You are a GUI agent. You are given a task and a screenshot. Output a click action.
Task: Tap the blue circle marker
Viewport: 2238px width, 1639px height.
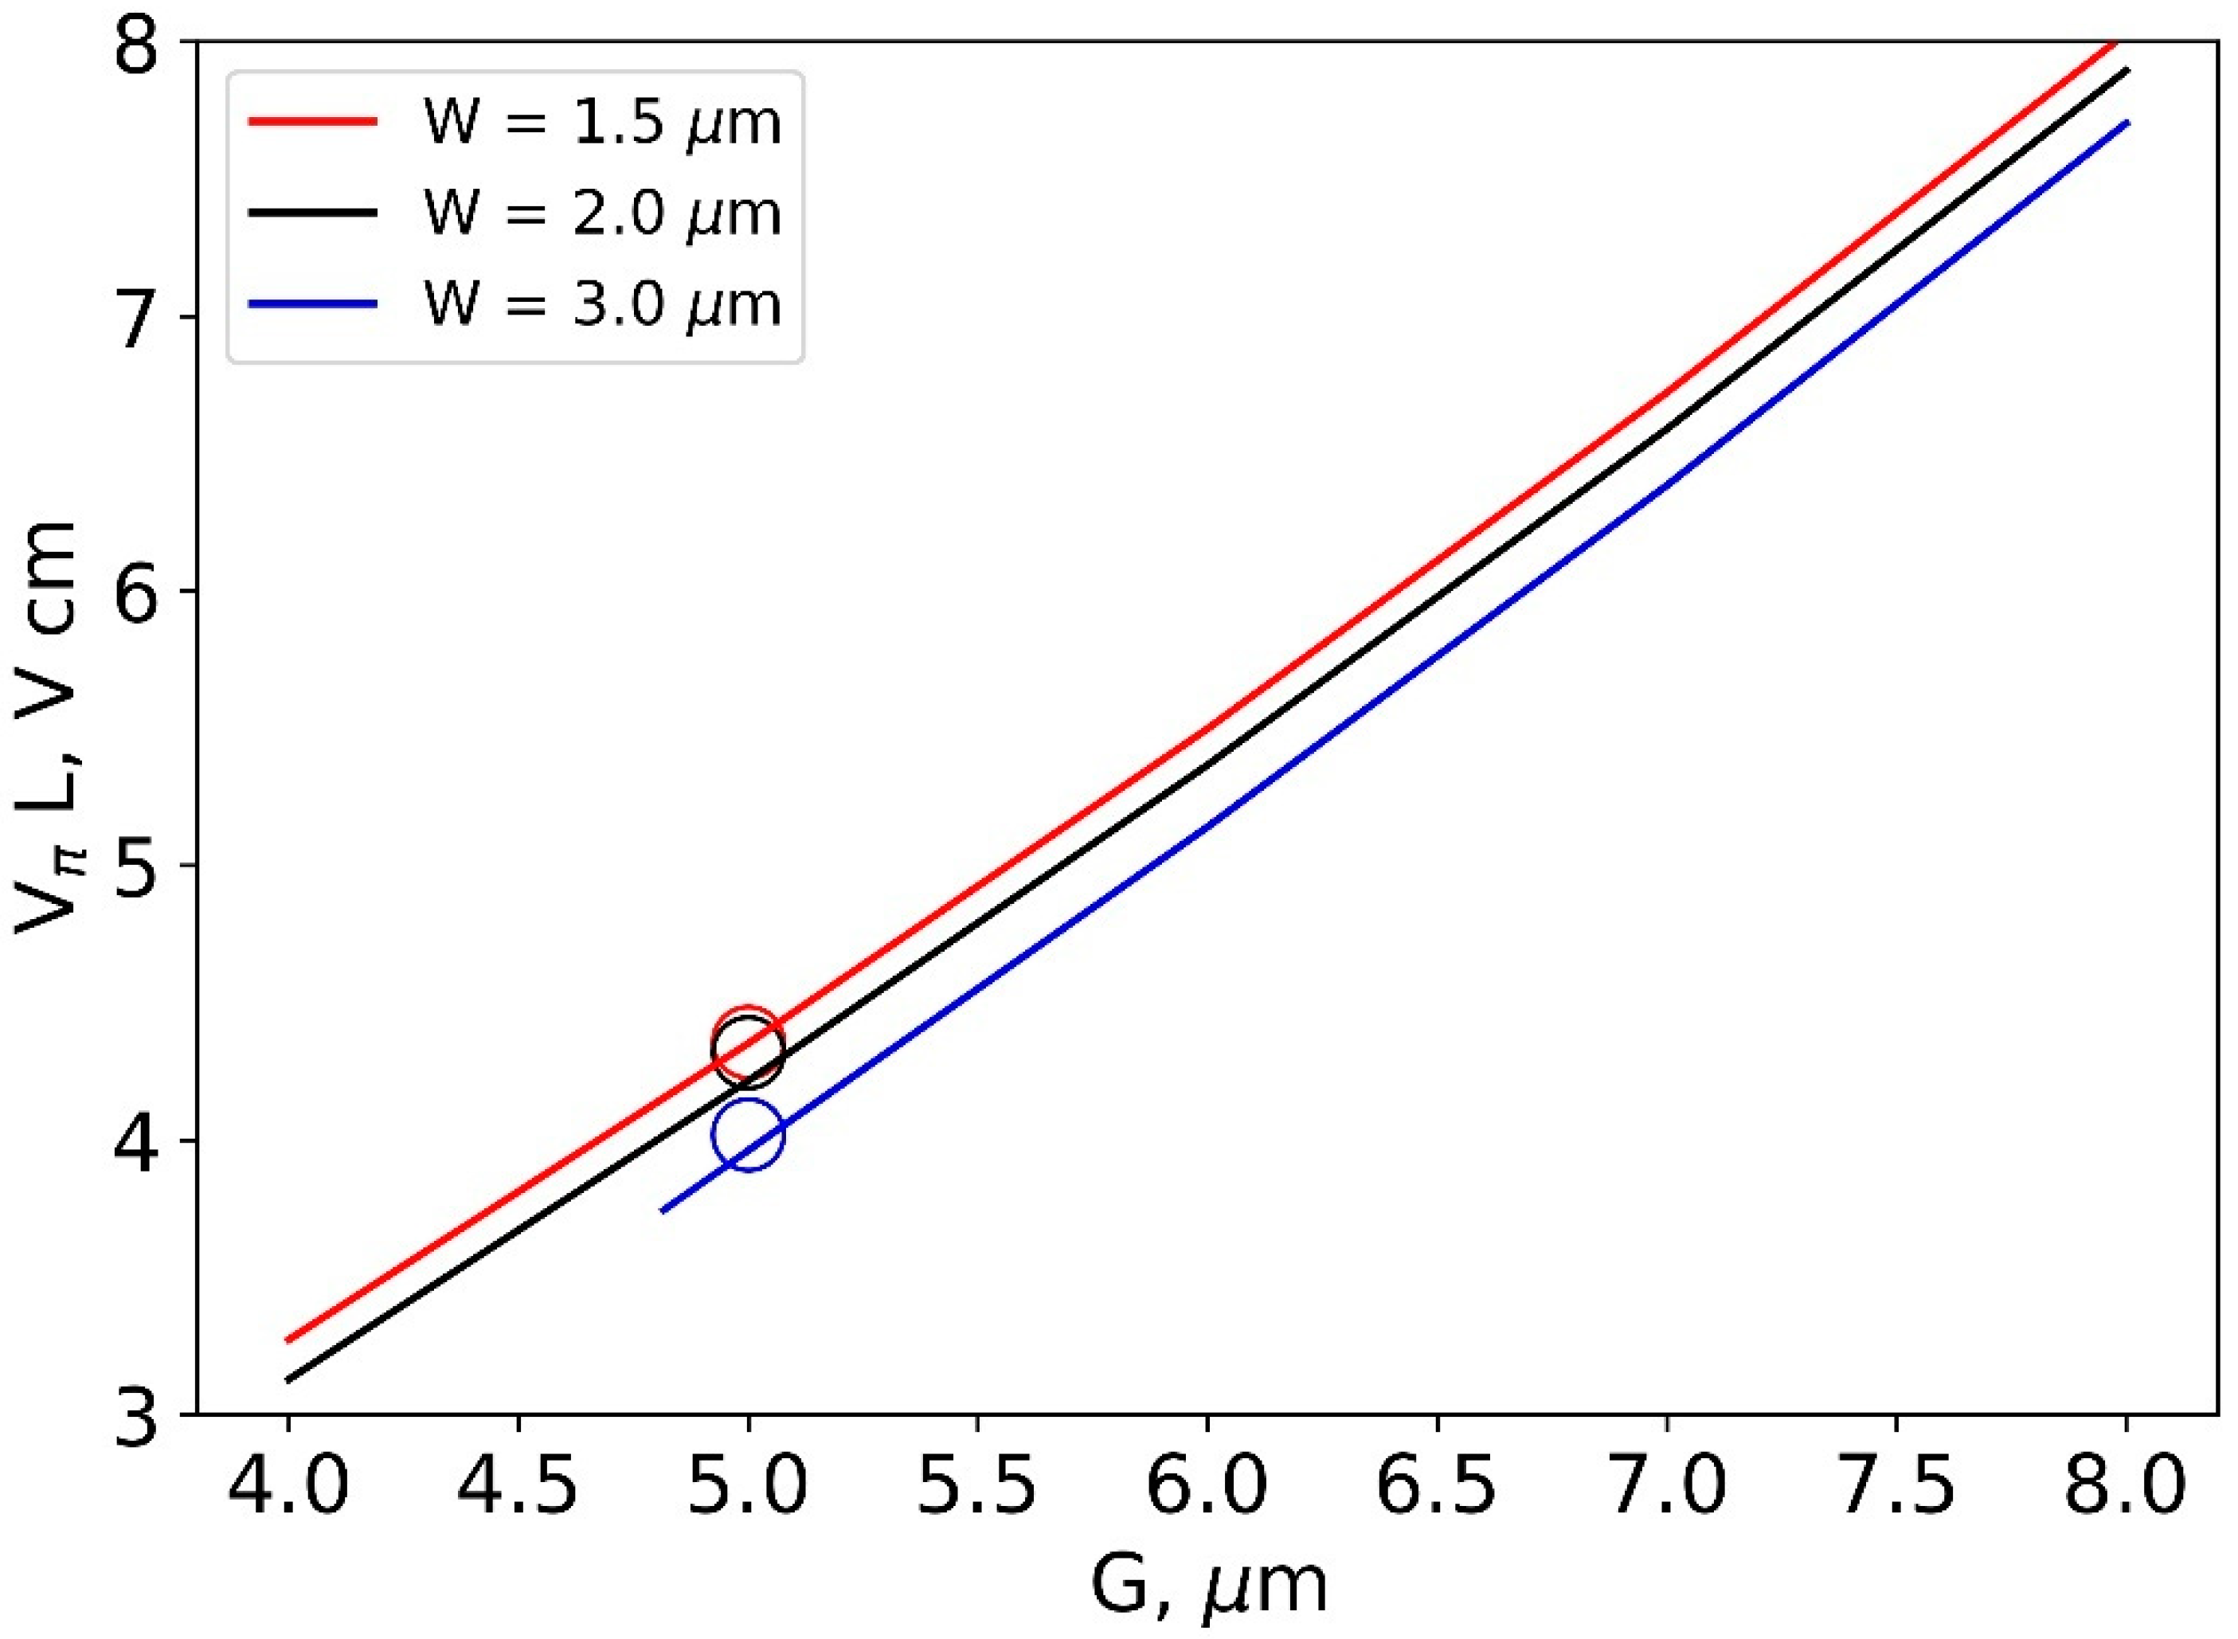[748, 1134]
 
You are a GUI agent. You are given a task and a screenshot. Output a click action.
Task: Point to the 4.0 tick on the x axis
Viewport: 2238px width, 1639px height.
[288, 1485]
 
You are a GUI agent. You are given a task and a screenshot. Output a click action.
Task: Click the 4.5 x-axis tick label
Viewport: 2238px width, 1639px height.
[518, 1485]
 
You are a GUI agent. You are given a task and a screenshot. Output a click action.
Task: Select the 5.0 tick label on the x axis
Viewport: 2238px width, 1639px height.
[748, 1485]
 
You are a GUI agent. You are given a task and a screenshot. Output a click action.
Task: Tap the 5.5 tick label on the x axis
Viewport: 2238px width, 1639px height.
[977, 1485]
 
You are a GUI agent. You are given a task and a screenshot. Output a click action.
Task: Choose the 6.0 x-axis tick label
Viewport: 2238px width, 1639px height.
[1207, 1485]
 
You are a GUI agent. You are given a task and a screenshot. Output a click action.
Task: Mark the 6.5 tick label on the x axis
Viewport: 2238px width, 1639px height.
[1438, 1485]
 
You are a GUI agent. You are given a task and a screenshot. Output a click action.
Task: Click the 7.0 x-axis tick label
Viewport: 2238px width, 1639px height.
[1667, 1485]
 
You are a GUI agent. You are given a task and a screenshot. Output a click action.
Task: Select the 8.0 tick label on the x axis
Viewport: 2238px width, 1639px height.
[2126, 1485]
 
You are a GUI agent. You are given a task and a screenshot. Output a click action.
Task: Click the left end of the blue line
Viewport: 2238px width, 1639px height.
[663, 1211]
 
